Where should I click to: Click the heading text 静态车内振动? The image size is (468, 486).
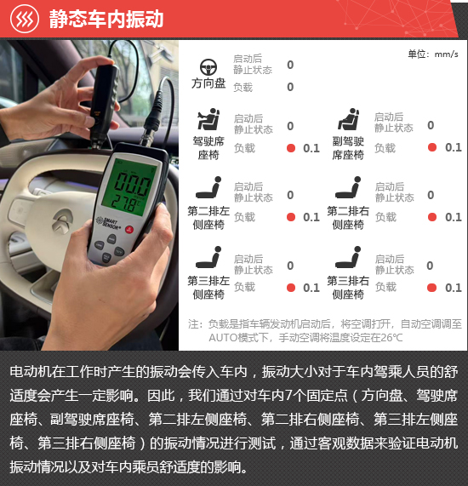pos(106,19)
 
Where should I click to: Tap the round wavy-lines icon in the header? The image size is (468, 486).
pos(25,19)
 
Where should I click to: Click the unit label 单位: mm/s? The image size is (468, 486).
pos(433,54)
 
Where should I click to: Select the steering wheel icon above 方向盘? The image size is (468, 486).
pos(208,67)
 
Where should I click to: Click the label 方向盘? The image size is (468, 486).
pos(208,83)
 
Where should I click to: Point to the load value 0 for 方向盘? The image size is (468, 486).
pos(290,87)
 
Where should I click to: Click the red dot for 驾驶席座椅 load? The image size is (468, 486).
pos(291,148)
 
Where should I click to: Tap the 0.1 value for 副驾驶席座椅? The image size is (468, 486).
pos(454,147)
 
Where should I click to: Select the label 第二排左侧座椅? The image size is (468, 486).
pos(208,218)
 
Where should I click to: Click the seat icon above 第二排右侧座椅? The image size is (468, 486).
pos(348,187)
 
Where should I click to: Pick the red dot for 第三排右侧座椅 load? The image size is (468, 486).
pos(431,288)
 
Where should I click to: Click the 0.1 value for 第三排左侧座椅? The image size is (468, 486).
pos(311,288)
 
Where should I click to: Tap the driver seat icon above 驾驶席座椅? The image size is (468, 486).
pos(208,119)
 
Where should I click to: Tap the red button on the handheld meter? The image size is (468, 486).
pos(129,229)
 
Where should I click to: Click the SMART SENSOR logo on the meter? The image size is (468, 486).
pos(108,223)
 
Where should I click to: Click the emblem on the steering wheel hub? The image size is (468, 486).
pos(63,220)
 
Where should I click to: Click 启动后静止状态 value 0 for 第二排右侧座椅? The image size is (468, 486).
pos(431,195)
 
